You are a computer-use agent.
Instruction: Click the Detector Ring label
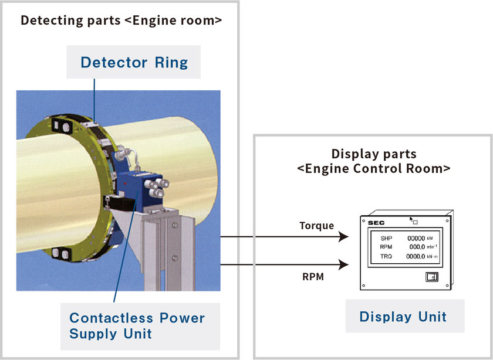click(134, 62)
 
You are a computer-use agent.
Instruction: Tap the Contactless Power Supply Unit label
click(137, 326)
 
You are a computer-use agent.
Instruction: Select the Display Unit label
click(403, 317)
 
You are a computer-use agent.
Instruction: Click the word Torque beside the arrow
click(316, 226)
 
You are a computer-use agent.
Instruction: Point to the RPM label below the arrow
click(313, 277)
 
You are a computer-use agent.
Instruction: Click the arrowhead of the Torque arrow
click(344, 236)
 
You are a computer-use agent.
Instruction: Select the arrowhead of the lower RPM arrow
click(344, 264)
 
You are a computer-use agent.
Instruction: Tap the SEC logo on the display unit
click(376, 223)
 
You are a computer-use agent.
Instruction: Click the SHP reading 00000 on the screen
click(416, 239)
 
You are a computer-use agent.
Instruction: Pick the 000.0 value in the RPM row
click(417, 247)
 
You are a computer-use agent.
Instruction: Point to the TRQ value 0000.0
click(416, 256)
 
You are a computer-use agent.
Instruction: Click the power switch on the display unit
click(432, 277)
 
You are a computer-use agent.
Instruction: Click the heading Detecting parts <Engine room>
click(121, 21)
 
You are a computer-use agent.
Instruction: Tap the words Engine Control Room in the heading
click(374, 169)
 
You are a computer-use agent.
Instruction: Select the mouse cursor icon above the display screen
click(411, 219)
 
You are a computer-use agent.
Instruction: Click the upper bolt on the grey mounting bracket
click(175, 225)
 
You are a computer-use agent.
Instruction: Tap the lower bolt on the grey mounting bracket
click(175, 259)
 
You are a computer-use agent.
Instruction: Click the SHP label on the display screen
click(386, 239)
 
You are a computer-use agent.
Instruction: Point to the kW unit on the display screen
click(430, 239)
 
